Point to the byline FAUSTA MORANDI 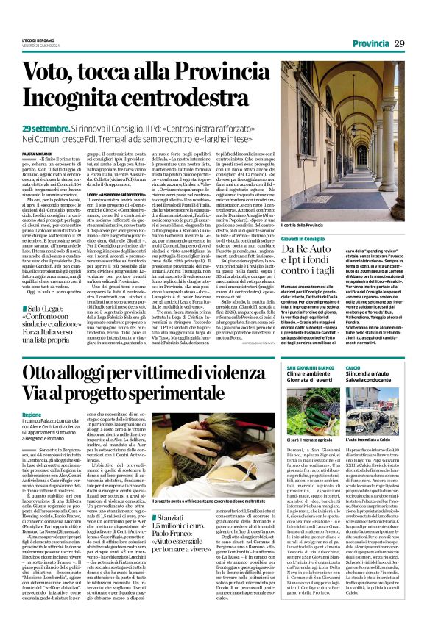(36, 152)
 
